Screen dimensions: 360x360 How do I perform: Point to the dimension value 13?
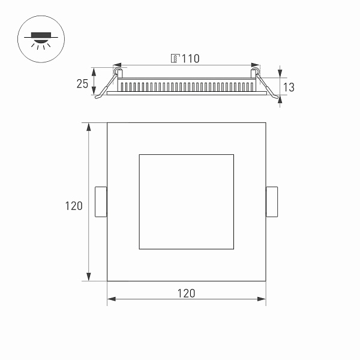(x=289, y=87)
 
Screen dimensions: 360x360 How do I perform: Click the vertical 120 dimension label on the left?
(x=74, y=206)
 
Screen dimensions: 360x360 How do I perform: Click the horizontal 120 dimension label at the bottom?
(x=186, y=293)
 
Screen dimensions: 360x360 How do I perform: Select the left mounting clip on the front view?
(x=101, y=202)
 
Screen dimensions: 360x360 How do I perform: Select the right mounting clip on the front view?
(x=272, y=202)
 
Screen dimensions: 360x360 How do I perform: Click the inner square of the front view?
(x=186, y=202)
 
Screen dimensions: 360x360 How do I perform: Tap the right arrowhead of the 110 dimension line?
(x=256, y=65)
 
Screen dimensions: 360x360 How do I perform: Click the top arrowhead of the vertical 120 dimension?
(x=89, y=127)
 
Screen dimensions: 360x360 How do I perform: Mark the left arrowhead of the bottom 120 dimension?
(x=111, y=298)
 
